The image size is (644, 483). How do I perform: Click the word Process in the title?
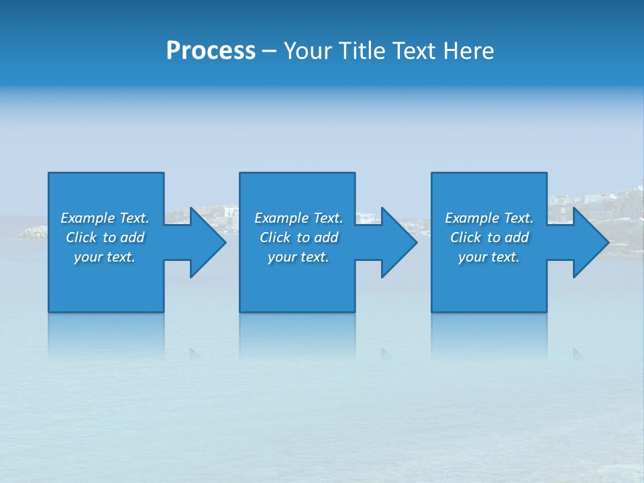211,51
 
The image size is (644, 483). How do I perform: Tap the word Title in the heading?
360,51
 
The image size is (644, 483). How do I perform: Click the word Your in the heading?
309,51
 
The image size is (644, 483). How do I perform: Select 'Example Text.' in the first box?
105,218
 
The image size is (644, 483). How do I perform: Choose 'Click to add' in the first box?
105,237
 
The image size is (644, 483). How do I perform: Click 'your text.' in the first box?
105,257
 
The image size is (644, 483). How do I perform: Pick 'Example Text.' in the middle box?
299,218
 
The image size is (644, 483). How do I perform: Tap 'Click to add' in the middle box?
299,237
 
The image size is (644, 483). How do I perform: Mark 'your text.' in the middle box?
299,257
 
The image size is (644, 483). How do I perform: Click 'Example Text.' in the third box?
489,218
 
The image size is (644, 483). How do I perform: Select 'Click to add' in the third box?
489,237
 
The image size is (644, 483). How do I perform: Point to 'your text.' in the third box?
489,257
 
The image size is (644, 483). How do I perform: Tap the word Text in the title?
412,51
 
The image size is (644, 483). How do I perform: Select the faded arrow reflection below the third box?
578,352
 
